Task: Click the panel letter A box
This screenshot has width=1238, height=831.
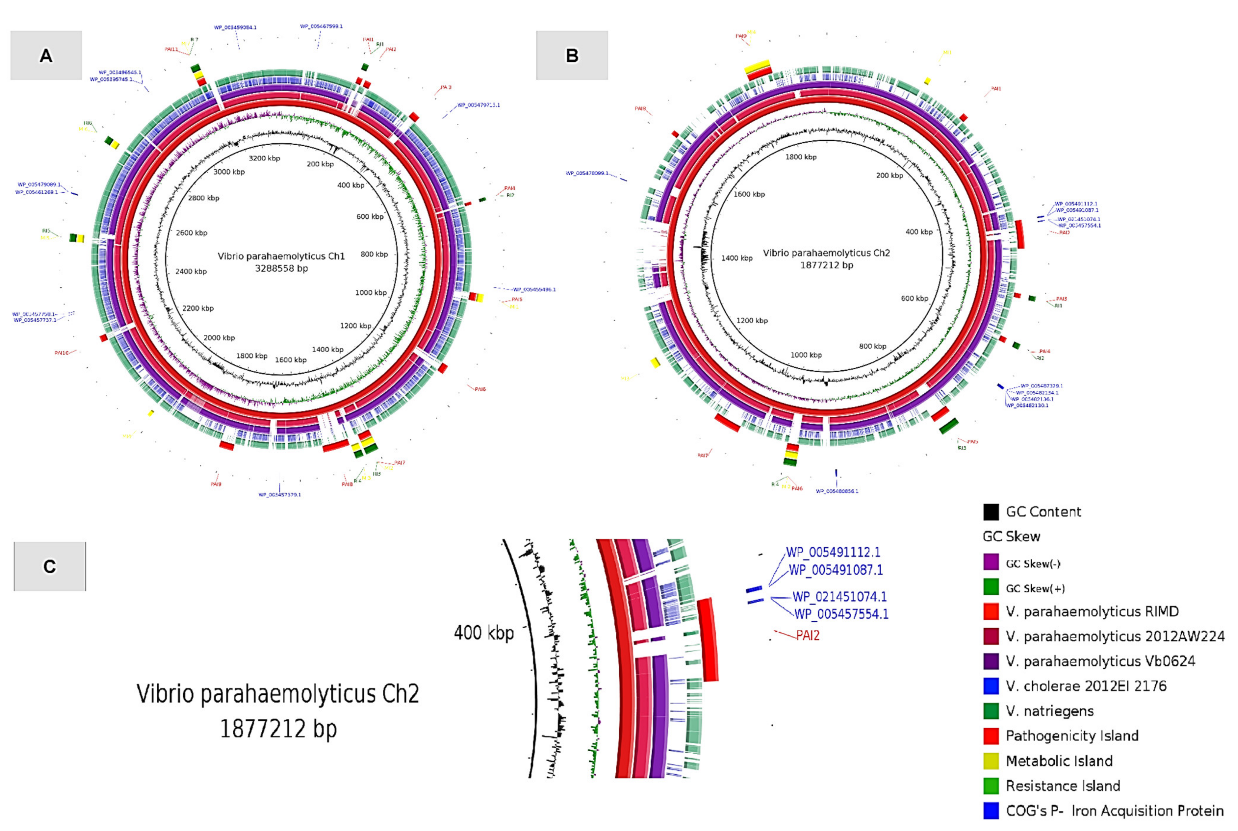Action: tap(46, 55)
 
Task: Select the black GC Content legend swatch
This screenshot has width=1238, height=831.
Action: tap(991, 511)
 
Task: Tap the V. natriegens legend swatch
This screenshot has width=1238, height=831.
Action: tap(991, 711)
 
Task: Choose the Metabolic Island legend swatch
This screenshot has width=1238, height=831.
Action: tap(991, 760)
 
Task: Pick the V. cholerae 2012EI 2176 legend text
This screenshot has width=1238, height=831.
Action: tap(1086, 686)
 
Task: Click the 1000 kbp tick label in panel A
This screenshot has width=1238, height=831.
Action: tap(371, 292)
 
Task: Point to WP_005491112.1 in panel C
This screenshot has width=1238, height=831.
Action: tap(833, 552)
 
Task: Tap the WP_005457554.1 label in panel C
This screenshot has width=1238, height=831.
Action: tap(841, 614)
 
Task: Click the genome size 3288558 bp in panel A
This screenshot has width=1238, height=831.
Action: tap(281, 269)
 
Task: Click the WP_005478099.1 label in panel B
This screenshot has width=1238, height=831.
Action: tap(587, 173)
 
